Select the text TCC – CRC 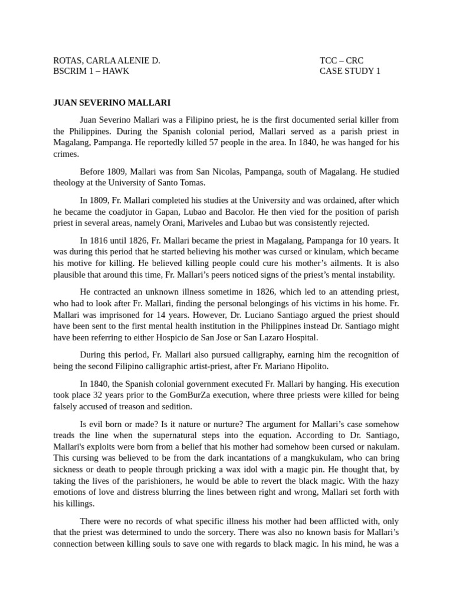[342, 61]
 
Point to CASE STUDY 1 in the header [350, 71]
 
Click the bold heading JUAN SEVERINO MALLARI [111, 103]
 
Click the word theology [70, 183]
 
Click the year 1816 [100, 241]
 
